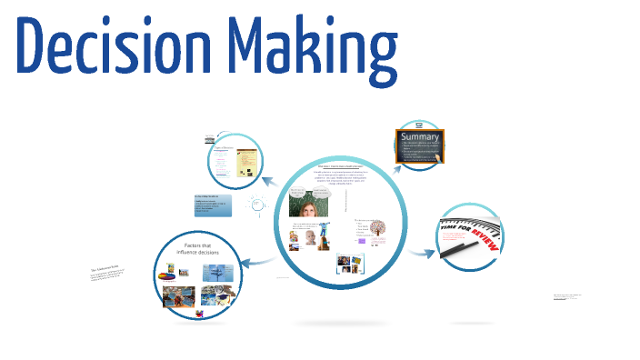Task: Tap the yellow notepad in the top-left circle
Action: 245,164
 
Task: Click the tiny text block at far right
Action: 567,297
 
